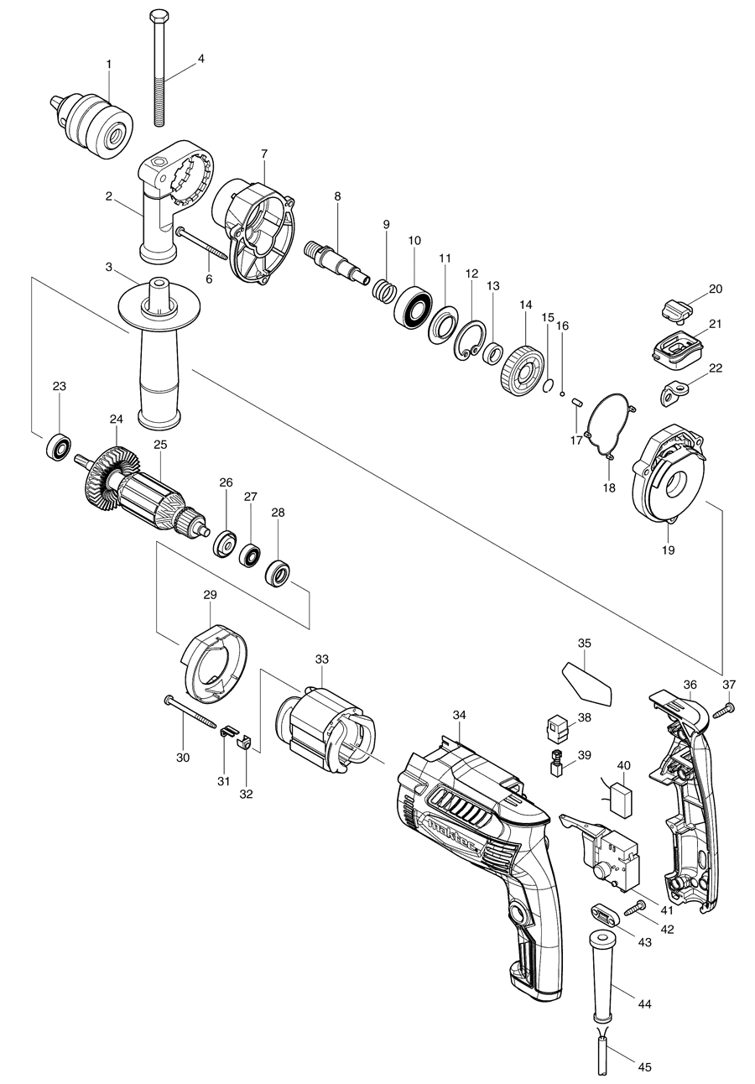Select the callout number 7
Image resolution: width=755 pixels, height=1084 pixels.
263,154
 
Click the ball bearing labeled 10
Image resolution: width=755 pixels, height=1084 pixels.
413,306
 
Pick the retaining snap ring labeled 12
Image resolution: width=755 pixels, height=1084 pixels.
471,342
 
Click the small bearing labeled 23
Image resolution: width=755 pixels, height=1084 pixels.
60,448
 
